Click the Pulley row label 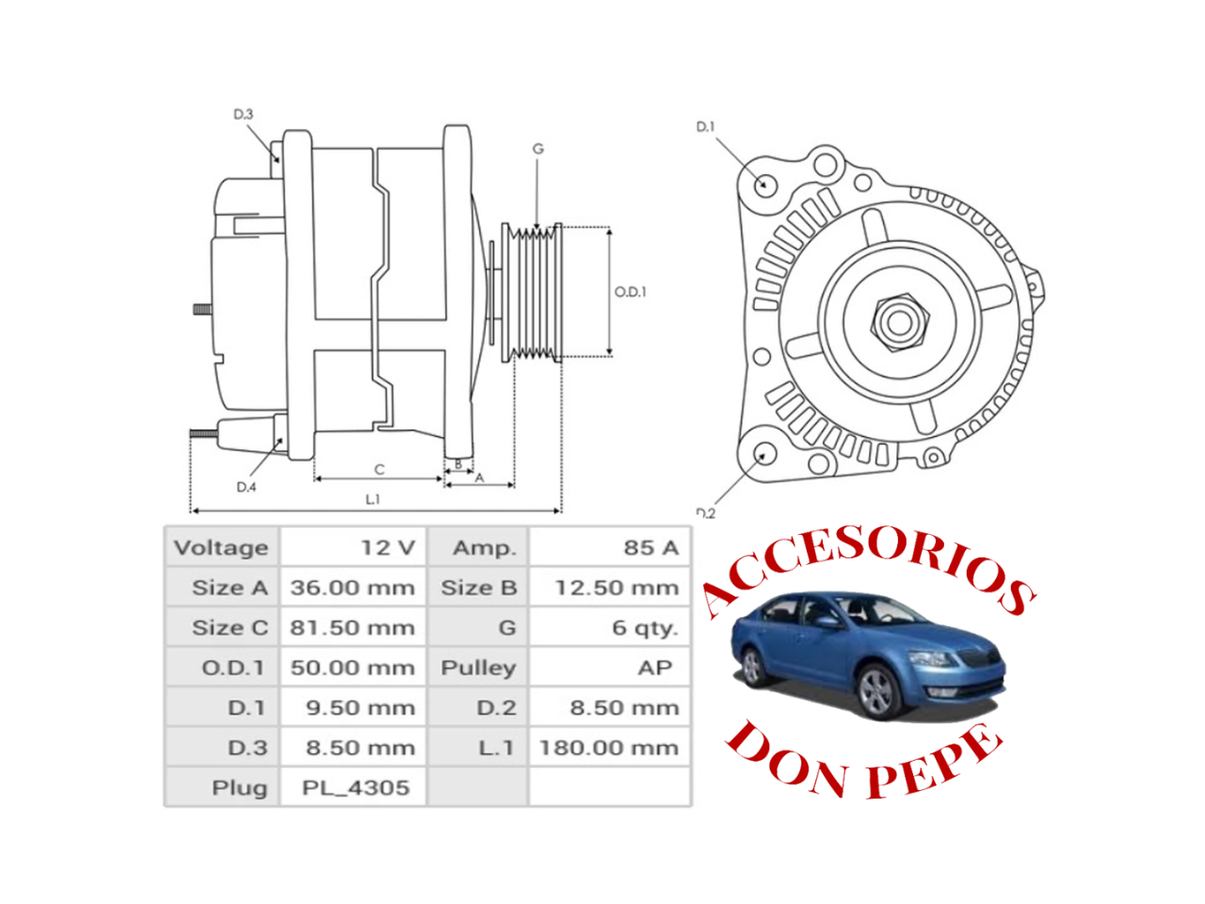coord(478,668)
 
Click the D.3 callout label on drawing coord(243,115)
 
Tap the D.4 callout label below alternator coord(246,487)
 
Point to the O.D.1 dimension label coord(630,292)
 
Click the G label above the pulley coord(538,149)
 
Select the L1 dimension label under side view coord(373,499)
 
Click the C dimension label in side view coord(379,469)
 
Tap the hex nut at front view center coord(898,322)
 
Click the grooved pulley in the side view coord(531,292)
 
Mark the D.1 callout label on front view coord(705,126)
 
